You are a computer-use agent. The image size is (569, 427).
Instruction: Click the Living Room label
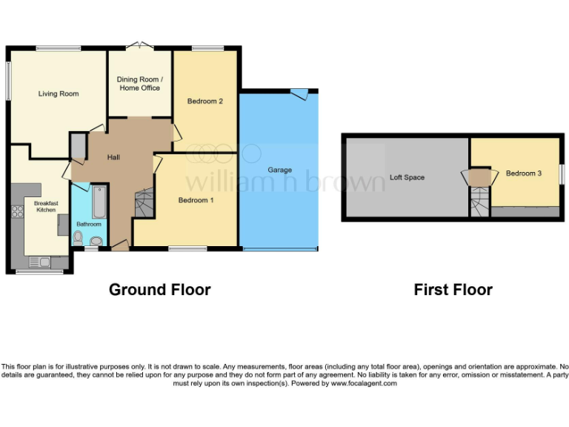59,93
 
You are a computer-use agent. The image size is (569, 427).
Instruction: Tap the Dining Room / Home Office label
139,83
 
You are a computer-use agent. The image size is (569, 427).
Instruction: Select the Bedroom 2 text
205,101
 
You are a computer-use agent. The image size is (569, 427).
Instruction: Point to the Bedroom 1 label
196,200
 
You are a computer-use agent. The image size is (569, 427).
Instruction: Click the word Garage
279,170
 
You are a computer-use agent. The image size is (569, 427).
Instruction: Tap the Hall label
113,157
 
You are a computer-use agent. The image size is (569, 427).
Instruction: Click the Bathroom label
88,223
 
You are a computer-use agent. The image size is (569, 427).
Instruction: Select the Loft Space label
407,177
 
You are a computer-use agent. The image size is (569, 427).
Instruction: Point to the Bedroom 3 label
524,173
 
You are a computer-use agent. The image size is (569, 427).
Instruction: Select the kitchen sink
39,261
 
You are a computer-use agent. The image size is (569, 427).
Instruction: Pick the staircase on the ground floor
143,202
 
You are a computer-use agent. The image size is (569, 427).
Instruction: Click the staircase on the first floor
480,202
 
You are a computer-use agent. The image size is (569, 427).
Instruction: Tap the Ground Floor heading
159,290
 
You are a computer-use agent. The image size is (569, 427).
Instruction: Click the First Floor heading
453,290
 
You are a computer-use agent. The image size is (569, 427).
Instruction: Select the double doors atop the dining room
139,46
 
